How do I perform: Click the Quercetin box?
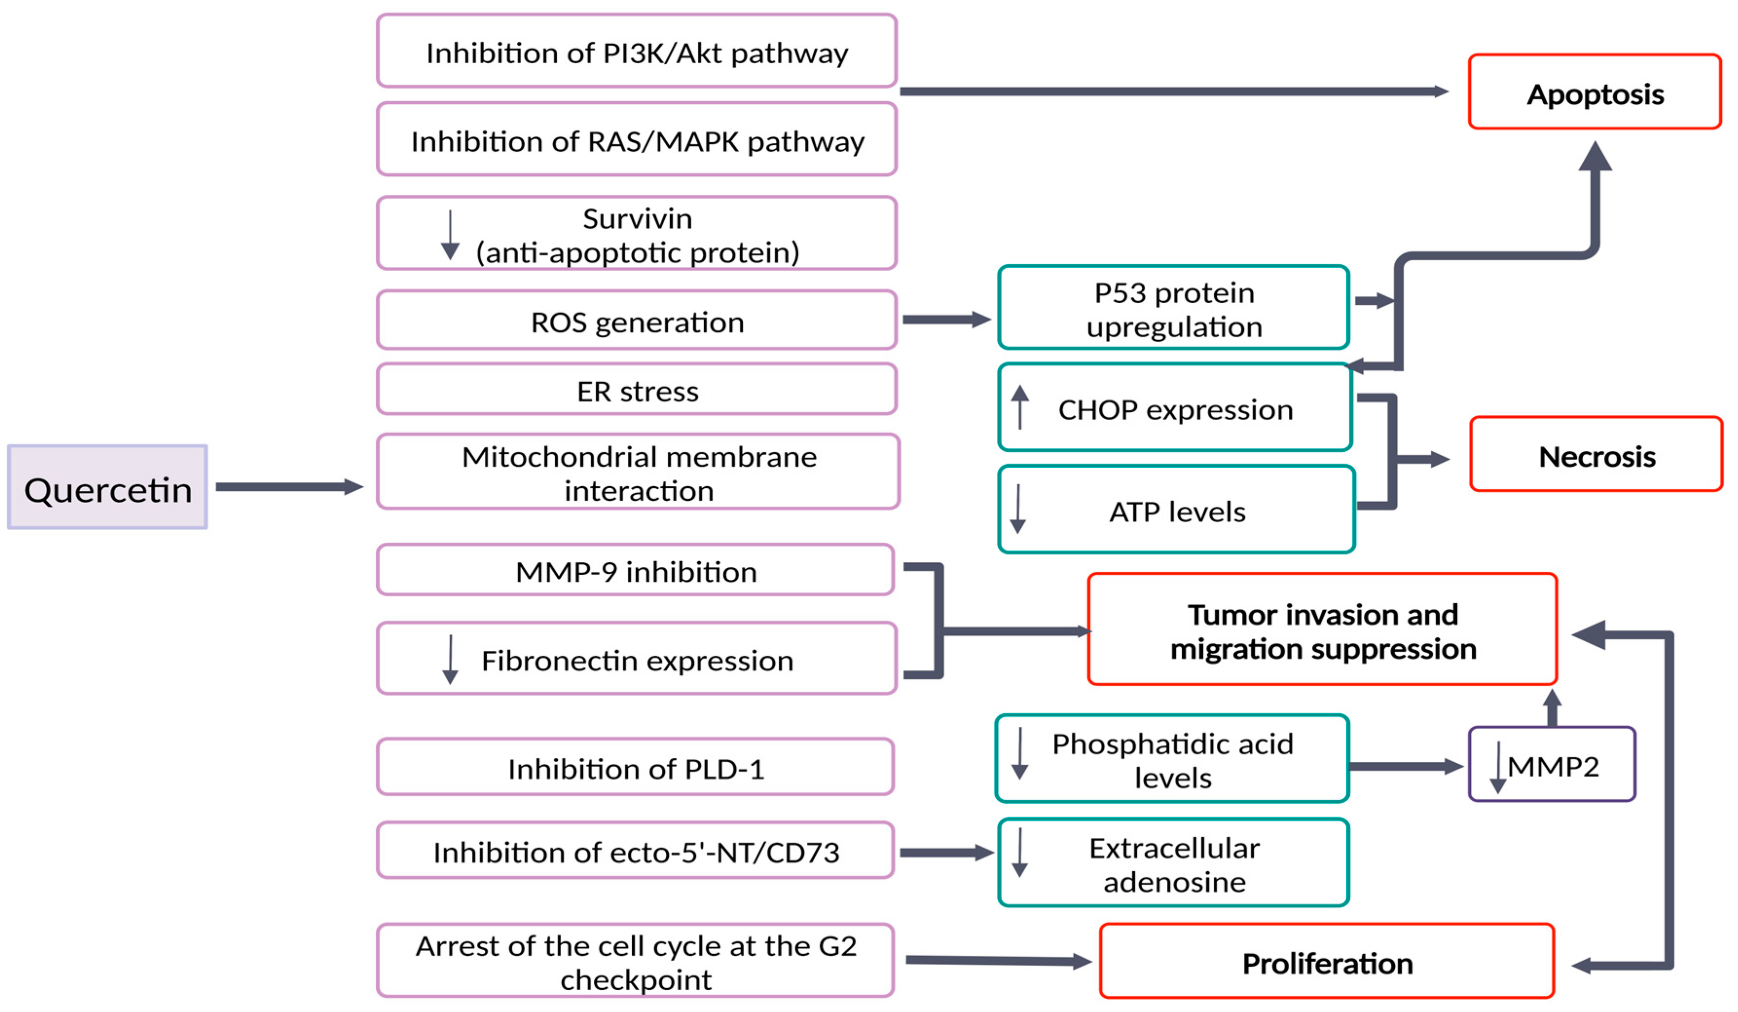(107, 487)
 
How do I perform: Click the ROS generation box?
(636, 320)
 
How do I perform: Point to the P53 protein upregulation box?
(1172, 307)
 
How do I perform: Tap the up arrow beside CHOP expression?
(1019, 406)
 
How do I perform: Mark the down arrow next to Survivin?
(450, 235)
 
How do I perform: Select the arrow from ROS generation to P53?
(945, 319)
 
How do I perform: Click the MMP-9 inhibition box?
(635, 570)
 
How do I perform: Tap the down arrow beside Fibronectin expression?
(450, 659)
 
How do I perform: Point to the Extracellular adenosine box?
(1172, 862)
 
